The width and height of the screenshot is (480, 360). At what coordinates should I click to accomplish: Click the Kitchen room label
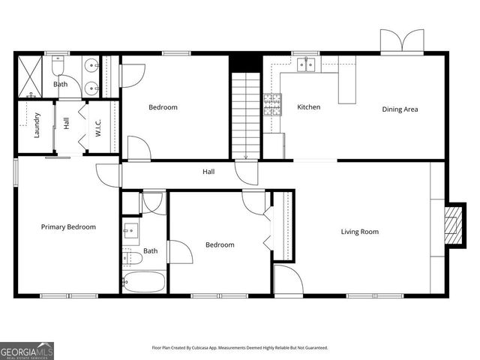pyautogui.click(x=308, y=107)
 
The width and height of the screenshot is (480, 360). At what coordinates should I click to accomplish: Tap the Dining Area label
pyautogui.click(x=400, y=109)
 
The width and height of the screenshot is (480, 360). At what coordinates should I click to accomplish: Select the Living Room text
pyautogui.click(x=360, y=232)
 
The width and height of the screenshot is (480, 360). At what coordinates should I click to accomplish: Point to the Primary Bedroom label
pyautogui.click(x=68, y=226)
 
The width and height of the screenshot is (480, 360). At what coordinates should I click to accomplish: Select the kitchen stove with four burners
pyautogui.click(x=271, y=103)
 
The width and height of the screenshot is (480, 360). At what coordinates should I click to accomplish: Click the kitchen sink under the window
pyautogui.click(x=305, y=64)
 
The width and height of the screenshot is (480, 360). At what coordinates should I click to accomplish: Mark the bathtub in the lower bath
pyautogui.click(x=144, y=283)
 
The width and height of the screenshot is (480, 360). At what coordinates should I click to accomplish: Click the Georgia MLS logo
pyautogui.click(x=27, y=350)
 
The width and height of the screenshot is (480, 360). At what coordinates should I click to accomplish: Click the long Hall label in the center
pyautogui.click(x=208, y=172)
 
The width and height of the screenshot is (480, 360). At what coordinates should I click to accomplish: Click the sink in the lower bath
pyautogui.click(x=129, y=230)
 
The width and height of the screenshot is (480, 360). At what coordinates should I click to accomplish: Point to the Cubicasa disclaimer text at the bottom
pyautogui.click(x=240, y=348)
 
